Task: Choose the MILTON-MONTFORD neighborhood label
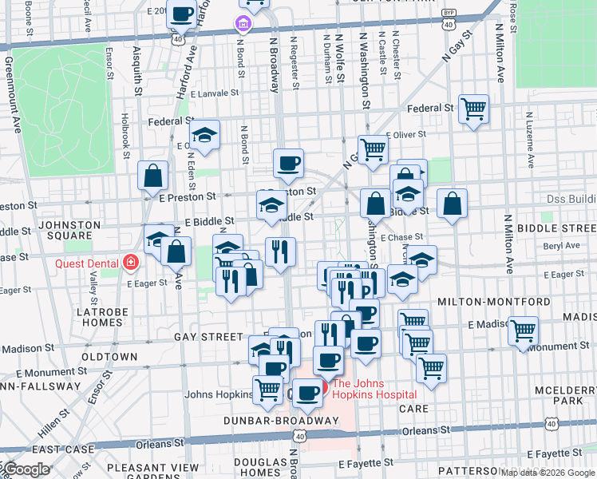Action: [x=494, y=302]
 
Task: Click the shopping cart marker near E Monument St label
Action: [x=523, y=330]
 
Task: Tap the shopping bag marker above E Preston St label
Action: [x=152, y=176]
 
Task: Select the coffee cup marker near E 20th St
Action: [x=181, y=14]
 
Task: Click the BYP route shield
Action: [x=450, y=13]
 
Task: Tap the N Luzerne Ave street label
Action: [x=528, y=139]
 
